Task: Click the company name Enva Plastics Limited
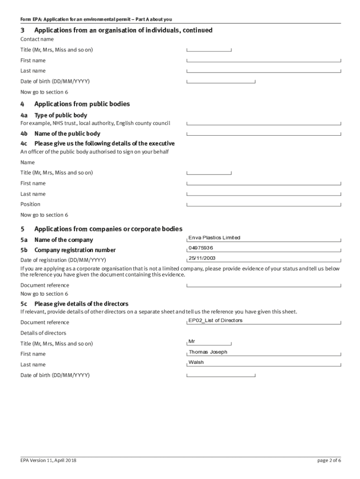pyautogui.click(x=214, y=238)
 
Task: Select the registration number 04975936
pyautogui.click(x=201, y=248)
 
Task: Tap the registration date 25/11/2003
pyautogui.click(x=202, y=258)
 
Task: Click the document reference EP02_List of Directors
pyautogui.click(x=215, y=320)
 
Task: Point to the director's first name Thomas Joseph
pyautogui.click(x=208, y=352)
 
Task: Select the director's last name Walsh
pyautogui.click(x=196, y=363)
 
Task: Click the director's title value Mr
pyautogui.click(x=191, y=341)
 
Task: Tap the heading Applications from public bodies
pyautogui.click(x=82, y=104)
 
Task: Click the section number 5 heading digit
pyautogui.click(x=22, y=229)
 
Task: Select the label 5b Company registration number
pyautogui.click(x=68, y=250)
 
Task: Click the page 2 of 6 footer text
pyautogui.click(x=329, y=460)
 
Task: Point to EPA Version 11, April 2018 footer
pyautogui.click(x=48, y=460)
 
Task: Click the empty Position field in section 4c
pyautogui.click(x=264, y=204)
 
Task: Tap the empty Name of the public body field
pyautogui.click(x=264, y=134)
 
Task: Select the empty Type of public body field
pyautogui.click(x=264, y=123)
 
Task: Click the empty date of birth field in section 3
pyautogui.click(x=221, y=81)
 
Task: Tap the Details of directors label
pyautogui.click(x=43, y=333)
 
